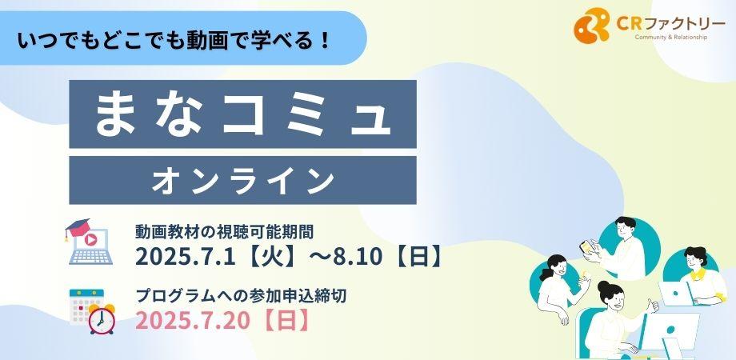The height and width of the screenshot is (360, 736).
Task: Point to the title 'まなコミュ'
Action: (x=242, y=114)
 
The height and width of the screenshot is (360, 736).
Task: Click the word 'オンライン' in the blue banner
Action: (x=242, y=180)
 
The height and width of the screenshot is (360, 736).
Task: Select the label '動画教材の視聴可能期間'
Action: (x=229, y=232)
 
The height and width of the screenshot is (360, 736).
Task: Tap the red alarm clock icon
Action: (x=102, y=318)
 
